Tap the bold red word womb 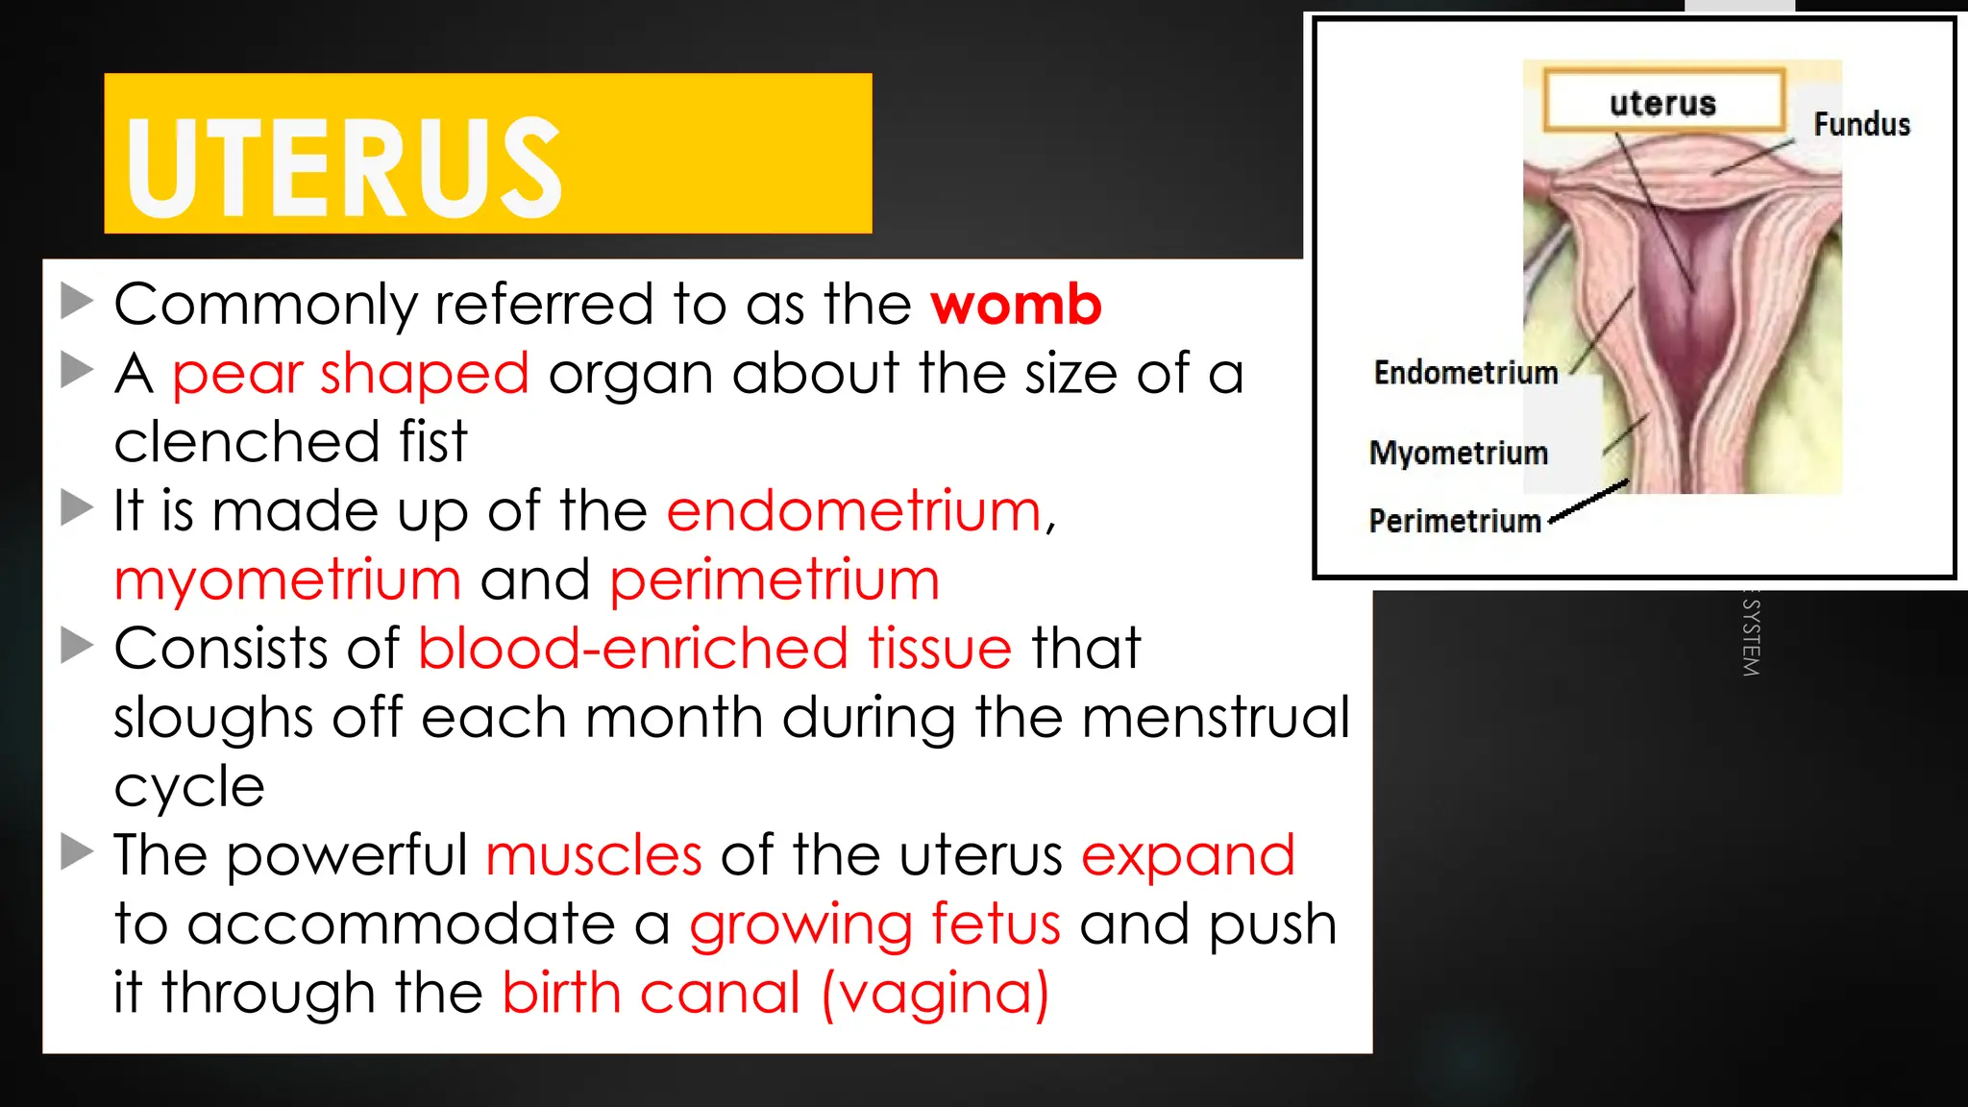(1016, 306)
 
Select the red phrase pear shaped (351, 374)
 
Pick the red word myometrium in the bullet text (287, 580)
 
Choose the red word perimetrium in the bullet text (775, 580)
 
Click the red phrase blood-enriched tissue (715, 649)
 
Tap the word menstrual (1217, 718)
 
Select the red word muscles (594, 855)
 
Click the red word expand (1188, 855)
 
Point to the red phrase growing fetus (875, 924)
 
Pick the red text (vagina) (935, 993)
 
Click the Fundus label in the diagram (1861, 125)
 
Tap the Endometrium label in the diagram (1465, 373)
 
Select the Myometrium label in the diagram (1459, 453)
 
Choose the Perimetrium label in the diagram (1455, 521)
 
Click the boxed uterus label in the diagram (1662, 103)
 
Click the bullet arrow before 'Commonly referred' (76, 301)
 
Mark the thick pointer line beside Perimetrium (1590, 501)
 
